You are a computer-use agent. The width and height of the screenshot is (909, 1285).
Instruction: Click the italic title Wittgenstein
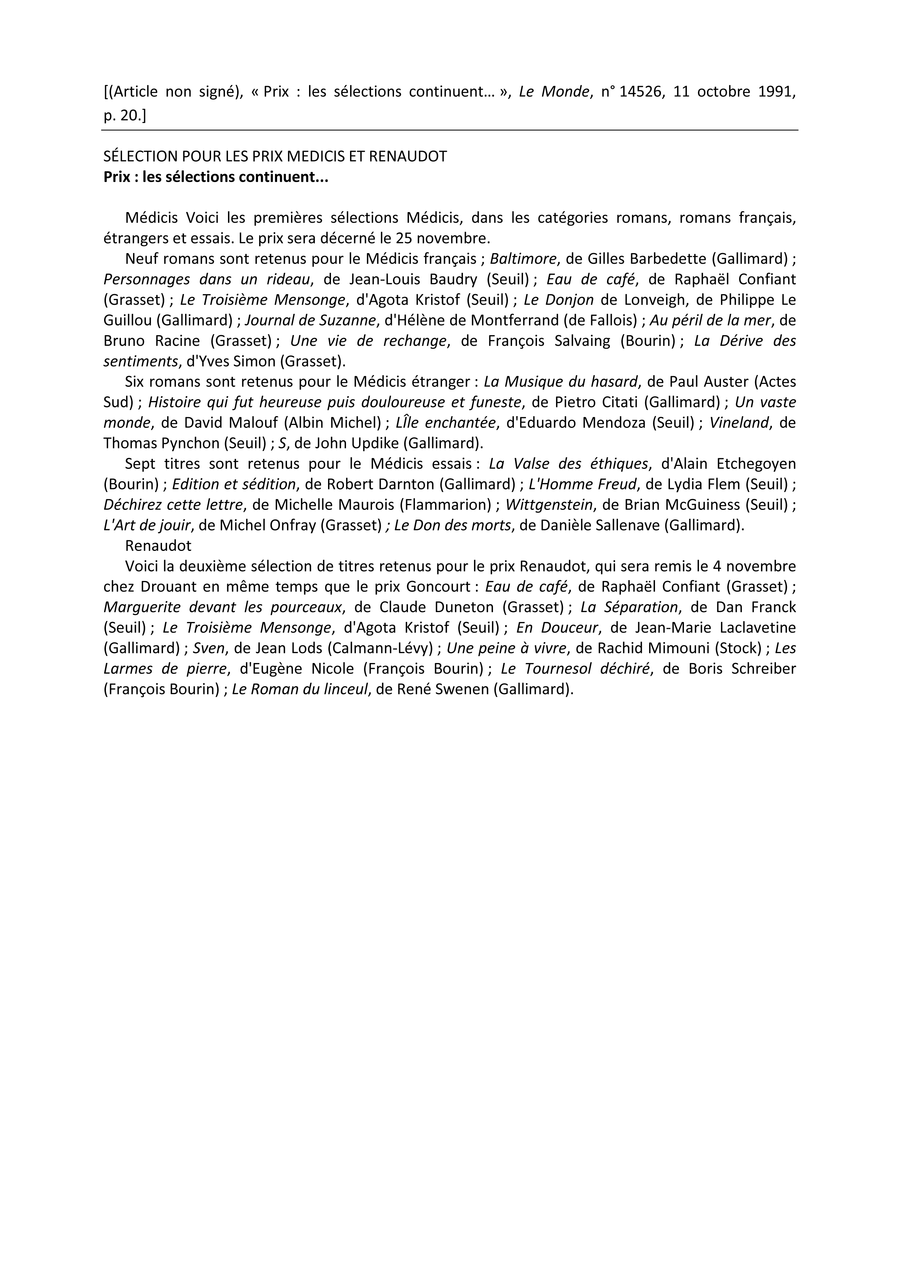549,505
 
